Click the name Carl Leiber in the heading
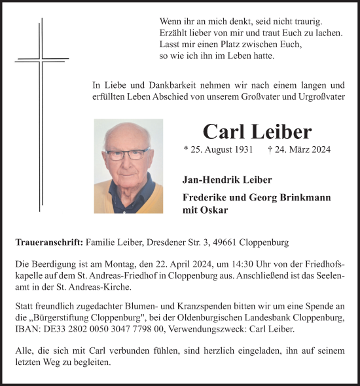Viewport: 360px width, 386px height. point(248,131)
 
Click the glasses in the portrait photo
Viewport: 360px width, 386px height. point(127,155)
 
